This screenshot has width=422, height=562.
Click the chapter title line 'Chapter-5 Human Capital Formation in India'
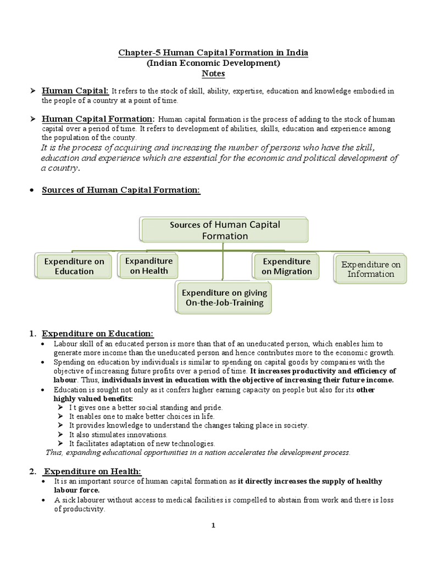pyautogui.click(x=214, y=53)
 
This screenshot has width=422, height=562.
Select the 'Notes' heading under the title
pyautogui.click(x=213, y=74)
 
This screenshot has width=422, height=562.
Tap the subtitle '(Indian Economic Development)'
pyautogui.click(x=213, y=63)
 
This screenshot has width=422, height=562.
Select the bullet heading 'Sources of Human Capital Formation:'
pyautogui.click(x=121, y=190)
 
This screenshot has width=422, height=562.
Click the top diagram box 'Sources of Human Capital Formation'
pyautogui.click(x=225, y=230)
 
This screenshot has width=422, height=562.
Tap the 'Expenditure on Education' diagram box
pyautogui.click(x=74, y=266)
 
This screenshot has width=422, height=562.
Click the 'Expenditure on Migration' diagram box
pyautogui.click(x=286, y=266)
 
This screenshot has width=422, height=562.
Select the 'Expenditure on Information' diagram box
pyautogui.click(x=370, y=269)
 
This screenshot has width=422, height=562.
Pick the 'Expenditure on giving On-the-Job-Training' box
pyautogui.click(x=224, y=297)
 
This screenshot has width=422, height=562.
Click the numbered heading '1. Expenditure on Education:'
pyautogui.click(x=98, y=334)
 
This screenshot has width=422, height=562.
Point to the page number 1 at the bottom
pyautogui.click(x=214, y=525)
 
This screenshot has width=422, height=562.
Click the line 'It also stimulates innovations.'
pyautogui.click(x=118, y=434)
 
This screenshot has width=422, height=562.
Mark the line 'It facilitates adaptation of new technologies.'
pyautogui.click(x=142, y=443)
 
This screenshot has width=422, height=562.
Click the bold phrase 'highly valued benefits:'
pyautogui.click(x=85, y=398)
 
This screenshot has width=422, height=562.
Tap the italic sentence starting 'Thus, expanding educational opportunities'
pyautogui.click(x=198, y=452)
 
